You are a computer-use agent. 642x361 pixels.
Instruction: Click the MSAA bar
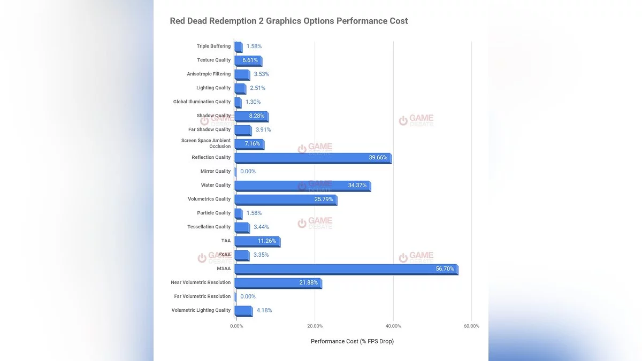coord(346,269)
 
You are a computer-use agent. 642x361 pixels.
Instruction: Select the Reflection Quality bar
coord(313,158)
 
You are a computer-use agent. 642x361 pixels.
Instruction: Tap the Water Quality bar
coord(302,186)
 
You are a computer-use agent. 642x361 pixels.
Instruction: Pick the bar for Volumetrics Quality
coord(286,199)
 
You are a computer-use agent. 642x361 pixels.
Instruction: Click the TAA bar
coord(257,241)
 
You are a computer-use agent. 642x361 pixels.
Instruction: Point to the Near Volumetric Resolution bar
coord(278,283)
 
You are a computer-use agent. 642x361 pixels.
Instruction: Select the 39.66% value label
coord(378,158)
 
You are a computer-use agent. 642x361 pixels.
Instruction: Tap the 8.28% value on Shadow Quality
coord(256,116)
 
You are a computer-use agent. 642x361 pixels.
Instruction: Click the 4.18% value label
coord(264,311)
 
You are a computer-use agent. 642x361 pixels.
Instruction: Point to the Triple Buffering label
coord(213,47)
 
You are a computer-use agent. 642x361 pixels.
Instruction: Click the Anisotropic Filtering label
coord(209,74)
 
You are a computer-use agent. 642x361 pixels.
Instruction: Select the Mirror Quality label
coord(216,172)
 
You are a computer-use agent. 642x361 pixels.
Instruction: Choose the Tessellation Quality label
coord(209,227)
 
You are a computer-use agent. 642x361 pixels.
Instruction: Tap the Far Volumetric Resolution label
coord(202,297)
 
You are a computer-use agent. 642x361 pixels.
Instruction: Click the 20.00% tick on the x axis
coord(315,326)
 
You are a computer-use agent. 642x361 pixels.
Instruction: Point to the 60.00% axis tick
coord(471,326)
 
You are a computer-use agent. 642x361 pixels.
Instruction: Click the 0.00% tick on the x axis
coord(236,326)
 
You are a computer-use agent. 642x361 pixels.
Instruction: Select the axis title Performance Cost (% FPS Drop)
coord(352,341)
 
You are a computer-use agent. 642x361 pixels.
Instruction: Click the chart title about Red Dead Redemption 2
coord(289,21)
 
